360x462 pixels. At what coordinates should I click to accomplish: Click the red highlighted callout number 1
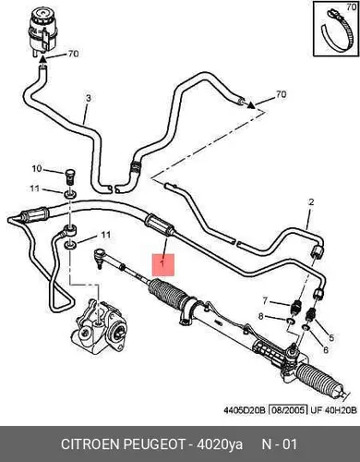(x=163, y=264)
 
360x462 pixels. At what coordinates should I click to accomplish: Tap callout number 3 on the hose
(x=89, y=99)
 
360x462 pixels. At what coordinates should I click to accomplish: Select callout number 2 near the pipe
(x=311, y=202)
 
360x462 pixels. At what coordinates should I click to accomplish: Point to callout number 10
(x=37, y=168)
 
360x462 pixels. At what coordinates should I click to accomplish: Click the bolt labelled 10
(x=70, y=176)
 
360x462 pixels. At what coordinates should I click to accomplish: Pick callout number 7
(x=265, y=300)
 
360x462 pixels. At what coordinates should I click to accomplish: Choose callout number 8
(x=260, y=316)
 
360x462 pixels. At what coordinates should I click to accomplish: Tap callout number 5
(x=331, y=338)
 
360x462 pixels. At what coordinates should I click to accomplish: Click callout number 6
(x=326, y=349)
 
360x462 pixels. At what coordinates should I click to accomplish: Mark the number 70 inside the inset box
(x=351, y=6)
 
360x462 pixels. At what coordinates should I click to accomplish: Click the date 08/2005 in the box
(x=288, y=410)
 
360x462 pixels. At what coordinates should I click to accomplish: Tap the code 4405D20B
(x=245, y=410)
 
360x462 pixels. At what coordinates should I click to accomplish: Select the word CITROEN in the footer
(x=90, y=444)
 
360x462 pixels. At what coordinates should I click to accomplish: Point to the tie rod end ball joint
(x=99, y=257)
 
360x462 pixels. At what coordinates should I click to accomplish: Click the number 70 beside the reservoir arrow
(x=73, y=54)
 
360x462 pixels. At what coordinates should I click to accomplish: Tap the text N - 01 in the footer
(x=280, y=444)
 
